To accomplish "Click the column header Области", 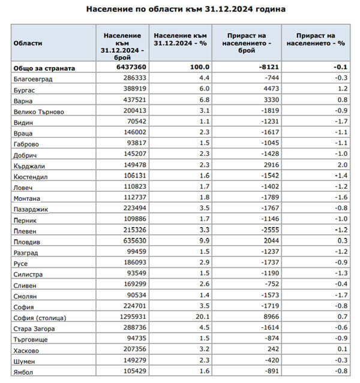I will coord(28,44).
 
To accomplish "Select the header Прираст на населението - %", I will coord(315,40).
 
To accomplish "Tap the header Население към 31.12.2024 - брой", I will coord(122,44).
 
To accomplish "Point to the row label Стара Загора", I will coord(34,328).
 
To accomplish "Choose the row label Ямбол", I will coord(23,372).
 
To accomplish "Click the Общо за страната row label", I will coord(44,68).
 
